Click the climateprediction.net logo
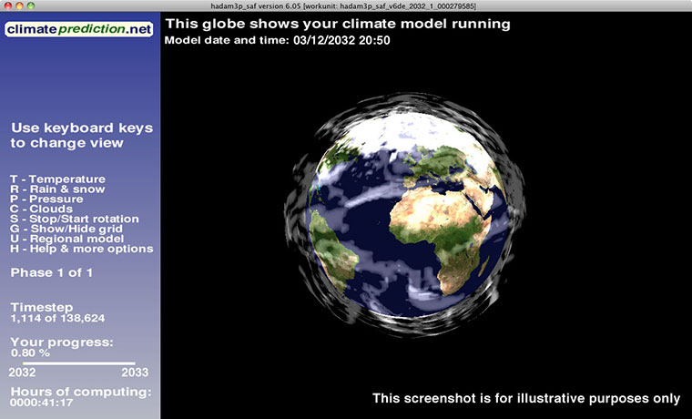pos(79,29)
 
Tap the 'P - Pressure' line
pos(46,199)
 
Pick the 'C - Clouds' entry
pos(42,209)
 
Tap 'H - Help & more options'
pos(82,249)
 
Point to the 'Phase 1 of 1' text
pos(52,272)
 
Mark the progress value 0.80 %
pos(31,352)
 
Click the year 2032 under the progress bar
pos(22,372)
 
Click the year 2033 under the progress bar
pos(134,372)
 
